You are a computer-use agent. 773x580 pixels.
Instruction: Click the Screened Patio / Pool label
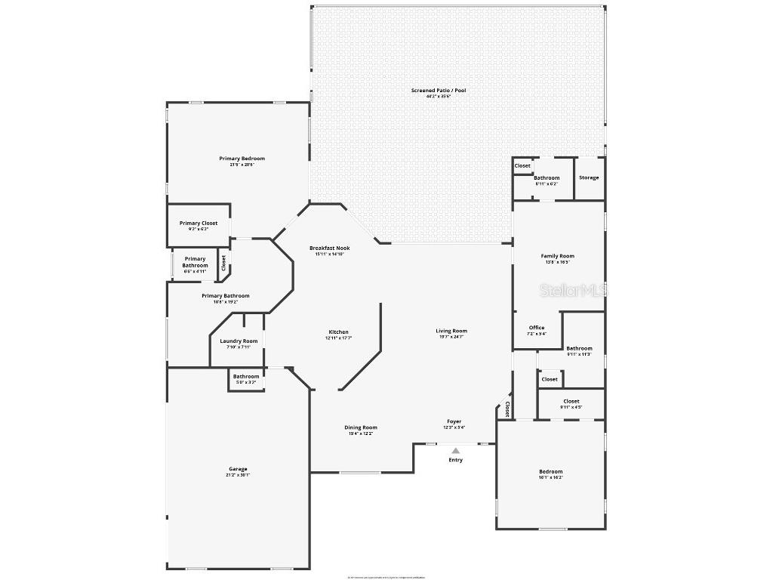[439, 91]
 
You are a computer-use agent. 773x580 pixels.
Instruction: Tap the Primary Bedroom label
[242, 159]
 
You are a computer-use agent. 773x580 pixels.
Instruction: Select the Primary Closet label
[199, 224]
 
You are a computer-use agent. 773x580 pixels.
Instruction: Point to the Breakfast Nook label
[329, 248]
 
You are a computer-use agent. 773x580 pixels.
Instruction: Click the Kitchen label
[338, 332]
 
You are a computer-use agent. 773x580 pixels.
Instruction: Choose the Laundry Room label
[239, 341]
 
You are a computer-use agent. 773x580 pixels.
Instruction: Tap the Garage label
[238, 469]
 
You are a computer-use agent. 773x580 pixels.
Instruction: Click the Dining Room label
[361, 427]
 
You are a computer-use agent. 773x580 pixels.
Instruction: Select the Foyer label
[454, 422]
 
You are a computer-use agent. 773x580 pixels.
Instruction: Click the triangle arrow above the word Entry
[455, 451]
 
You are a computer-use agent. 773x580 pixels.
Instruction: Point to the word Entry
[455, 460]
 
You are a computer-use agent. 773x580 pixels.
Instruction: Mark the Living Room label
[451, 331]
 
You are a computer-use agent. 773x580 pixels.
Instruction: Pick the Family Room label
[558, 256]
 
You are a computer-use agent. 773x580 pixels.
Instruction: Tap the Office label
[536, 328]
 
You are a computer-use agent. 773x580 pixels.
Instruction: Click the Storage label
[589, 177]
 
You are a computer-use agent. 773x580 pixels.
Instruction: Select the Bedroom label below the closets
[551, 472]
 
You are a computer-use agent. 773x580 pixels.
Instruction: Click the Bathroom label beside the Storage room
[547, 178]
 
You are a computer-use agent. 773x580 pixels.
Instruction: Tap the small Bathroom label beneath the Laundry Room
[246, 377]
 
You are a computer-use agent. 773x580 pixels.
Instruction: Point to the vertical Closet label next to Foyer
[507, 409]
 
